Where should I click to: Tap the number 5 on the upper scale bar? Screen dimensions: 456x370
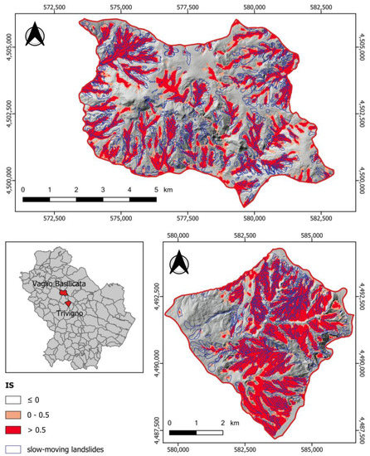click(179, 190)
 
